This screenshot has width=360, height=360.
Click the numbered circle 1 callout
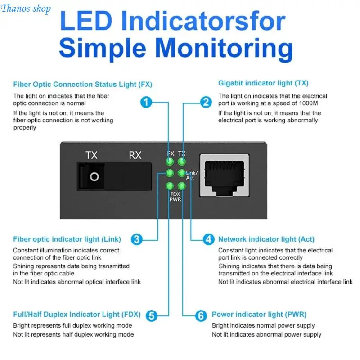(146, 102)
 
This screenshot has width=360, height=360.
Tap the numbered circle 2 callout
(206, 102)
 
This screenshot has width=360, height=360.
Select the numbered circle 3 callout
(137, 239)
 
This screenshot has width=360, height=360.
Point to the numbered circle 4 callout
(209, 239)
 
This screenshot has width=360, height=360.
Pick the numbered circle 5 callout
(152, 316)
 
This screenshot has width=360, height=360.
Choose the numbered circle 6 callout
(201, 316)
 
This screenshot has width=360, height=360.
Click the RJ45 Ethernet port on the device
(224, 175)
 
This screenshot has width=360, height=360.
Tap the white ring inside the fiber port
(94, 177)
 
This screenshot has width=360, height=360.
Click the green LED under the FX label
(170, 162)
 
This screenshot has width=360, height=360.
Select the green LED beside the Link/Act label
(182, 173)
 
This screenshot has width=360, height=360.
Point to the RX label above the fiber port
(135, 155)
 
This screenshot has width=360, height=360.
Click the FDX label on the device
(175, 194)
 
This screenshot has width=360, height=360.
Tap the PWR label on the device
(175, 199)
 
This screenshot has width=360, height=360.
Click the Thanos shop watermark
(26, 9)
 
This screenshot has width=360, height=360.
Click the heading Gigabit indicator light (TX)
(263, 83)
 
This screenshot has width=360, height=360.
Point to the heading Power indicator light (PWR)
(259, 314)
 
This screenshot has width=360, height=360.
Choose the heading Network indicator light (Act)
(266, 239)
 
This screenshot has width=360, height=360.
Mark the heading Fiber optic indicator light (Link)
(67, 239)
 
